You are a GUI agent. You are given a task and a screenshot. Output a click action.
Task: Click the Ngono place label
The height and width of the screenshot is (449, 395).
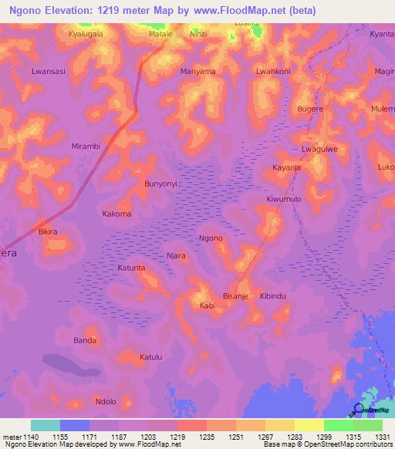click(211, 238)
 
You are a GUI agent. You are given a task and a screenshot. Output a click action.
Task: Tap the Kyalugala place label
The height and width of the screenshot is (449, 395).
click(86, 35)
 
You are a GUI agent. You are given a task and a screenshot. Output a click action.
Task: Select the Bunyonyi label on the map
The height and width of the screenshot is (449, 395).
click(161, 184)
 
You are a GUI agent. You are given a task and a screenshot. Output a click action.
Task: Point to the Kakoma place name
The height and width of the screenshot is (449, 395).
click(116, 214)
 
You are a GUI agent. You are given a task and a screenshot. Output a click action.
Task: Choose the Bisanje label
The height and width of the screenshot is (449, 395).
click(235, 296)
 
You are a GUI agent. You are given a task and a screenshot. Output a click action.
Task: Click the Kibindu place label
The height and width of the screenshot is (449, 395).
click(273, 296)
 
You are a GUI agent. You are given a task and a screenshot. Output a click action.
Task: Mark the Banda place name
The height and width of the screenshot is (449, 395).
click(85, 340)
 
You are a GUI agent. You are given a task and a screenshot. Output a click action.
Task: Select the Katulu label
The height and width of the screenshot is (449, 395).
click(150, 357)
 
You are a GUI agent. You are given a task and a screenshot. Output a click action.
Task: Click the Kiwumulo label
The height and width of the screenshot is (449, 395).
click(284, 199)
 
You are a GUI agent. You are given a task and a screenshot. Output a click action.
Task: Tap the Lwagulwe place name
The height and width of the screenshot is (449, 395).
click(319, 149)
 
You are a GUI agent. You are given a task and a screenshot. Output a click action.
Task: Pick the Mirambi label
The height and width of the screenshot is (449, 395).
click(86, 146)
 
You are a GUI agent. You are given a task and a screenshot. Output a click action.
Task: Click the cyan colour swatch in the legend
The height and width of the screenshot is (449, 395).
click(46, 425)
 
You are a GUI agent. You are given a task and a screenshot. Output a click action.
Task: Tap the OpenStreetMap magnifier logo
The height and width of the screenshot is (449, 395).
click(359, 410)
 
